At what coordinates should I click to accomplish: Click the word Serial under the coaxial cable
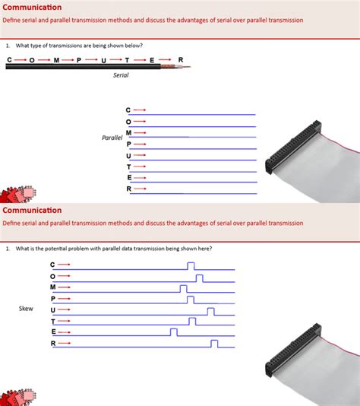coord(121,75)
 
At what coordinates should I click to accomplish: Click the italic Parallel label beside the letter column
coord(112,138)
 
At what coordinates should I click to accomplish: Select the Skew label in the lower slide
coord(26,309)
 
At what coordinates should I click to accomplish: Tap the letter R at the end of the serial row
coord(180,59)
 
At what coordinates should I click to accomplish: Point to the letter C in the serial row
coord(10,59)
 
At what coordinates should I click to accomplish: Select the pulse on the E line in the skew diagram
coord(174,332)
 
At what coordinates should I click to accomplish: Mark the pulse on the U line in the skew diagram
coord(210,310)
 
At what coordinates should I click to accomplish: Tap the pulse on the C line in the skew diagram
coord(191,265)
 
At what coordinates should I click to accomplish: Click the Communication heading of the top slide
coord(32,7)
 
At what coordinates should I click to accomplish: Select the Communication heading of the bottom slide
coord(32,210)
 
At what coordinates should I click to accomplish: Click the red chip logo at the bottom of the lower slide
coord(17,397)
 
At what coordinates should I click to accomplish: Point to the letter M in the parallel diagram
coord(128,132)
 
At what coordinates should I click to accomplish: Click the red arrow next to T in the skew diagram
coord(64,321)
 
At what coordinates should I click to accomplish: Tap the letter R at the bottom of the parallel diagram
coord(128,189)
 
